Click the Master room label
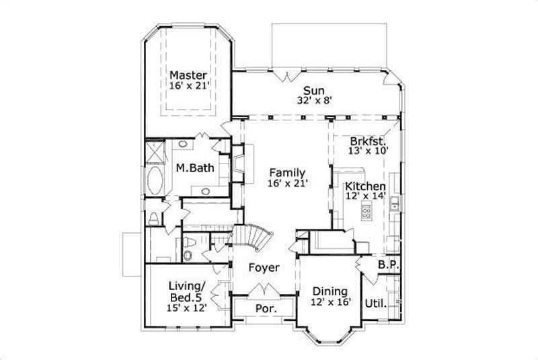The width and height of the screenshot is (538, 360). [x=188, y=75]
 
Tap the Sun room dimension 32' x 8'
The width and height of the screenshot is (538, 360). [x=313, y=100]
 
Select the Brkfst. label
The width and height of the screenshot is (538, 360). [x=368, y=141]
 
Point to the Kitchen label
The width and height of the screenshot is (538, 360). [x=366, y=186]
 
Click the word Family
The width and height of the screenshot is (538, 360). [x=287, y=172]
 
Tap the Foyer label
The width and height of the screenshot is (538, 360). [x=264, y=268]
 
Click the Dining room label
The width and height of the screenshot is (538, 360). [x=330, y=291]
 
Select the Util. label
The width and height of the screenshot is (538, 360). [x=375, y=303]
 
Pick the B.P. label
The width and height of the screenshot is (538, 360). [x=389, y=265]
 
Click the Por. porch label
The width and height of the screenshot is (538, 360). [x=264, y=308]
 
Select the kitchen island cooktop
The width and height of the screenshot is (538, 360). [x=367, y=213]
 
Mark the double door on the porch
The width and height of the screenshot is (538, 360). [x=264, y=290]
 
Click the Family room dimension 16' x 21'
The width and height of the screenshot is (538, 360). [x=287, y=183]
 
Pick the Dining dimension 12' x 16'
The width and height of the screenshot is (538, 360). [x=330, y=302]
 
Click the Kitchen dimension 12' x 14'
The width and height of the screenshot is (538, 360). [x=366, y=196]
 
